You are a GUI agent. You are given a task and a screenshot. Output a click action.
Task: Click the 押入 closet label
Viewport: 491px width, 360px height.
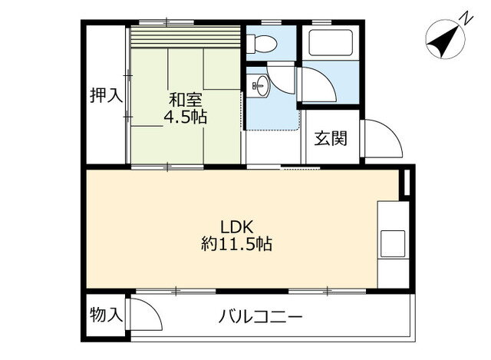tap(105, 97)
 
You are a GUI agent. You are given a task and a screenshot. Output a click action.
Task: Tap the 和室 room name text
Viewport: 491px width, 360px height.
tap(185, 100)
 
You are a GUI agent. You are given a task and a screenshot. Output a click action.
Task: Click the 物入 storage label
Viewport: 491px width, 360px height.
tap(106, 314)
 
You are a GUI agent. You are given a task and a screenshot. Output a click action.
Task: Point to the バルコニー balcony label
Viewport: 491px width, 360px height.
tap(261, 316)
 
